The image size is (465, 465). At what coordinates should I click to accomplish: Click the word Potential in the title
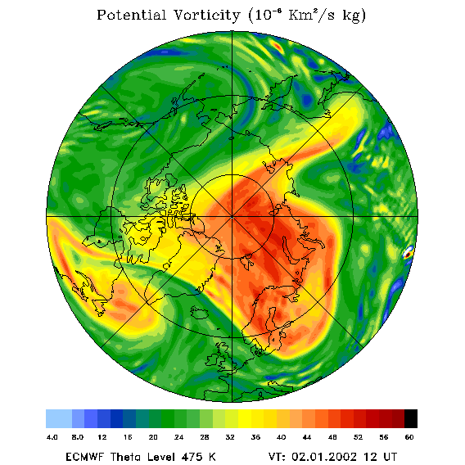131,15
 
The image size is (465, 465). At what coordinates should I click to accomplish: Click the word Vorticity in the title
206,15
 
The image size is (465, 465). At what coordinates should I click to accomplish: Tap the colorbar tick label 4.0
52,437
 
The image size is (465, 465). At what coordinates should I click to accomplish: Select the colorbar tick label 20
153,437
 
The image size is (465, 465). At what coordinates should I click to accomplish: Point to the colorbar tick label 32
230,437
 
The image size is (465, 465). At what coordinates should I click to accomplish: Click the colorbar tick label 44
307,437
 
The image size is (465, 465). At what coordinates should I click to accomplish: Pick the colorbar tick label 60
409,437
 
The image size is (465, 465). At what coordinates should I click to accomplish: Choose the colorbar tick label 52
358,437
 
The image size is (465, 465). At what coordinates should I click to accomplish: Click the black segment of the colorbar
411,418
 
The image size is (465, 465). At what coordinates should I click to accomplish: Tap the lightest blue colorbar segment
59,418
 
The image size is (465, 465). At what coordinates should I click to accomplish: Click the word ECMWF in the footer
85,456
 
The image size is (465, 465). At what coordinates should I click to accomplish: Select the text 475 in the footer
192,456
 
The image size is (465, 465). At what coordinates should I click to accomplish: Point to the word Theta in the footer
126,456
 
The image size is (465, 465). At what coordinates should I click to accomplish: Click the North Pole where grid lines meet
232,217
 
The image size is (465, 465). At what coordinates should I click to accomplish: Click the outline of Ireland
212,359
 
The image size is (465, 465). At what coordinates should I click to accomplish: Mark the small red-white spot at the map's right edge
408,253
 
